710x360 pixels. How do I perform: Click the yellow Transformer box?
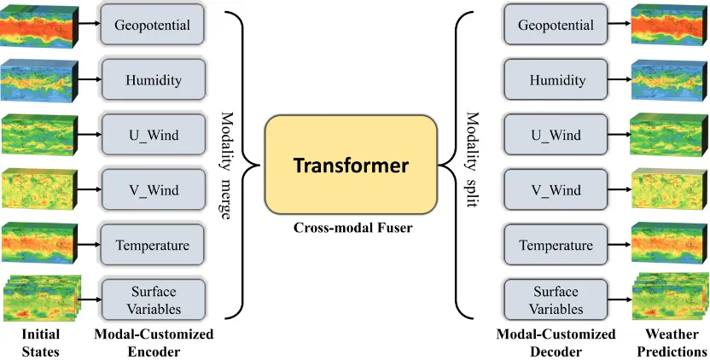tap(351, 165)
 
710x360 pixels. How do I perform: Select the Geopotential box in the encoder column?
tap(153, 26)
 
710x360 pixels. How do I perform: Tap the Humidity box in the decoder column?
tap(556, 81)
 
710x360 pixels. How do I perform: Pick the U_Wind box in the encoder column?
tap(153, 136)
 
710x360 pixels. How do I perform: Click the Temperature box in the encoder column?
tap(153, 246)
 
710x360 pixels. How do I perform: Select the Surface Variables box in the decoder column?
tap(556, 299)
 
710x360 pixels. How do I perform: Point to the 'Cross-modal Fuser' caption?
tap(352, 228)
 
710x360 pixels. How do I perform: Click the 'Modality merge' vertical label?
tap(227, 165)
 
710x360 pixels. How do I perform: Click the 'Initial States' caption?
tap(40, 342)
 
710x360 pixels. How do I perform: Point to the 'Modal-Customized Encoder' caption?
tap(154, 342)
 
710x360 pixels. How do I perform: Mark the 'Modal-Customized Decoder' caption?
tap(556, 342)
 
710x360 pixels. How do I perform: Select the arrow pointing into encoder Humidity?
tap(89, 79)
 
